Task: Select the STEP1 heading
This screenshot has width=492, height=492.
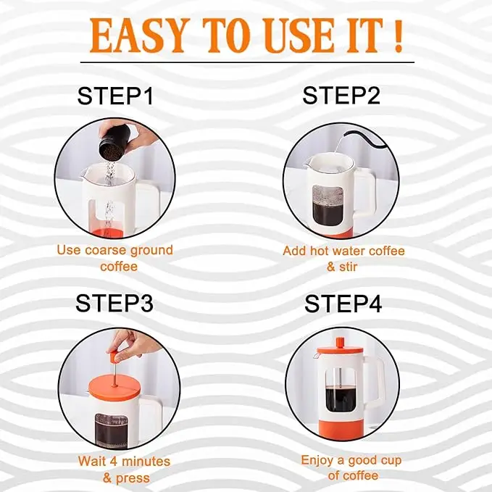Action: [x=115, y=96]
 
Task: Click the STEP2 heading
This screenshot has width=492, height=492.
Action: [x=341, y=96]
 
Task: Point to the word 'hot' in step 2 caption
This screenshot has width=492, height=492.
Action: [x=320, y=251]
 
